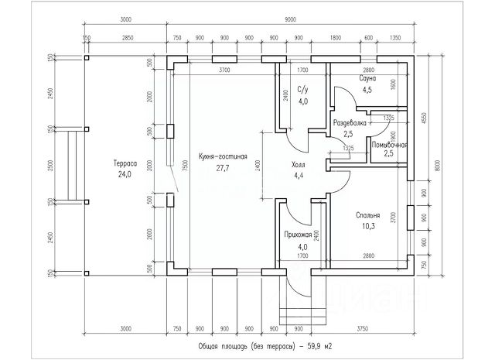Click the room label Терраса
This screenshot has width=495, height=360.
point(125,164)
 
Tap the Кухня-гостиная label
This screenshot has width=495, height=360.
point(222,156)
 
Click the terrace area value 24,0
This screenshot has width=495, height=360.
point(125,174)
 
